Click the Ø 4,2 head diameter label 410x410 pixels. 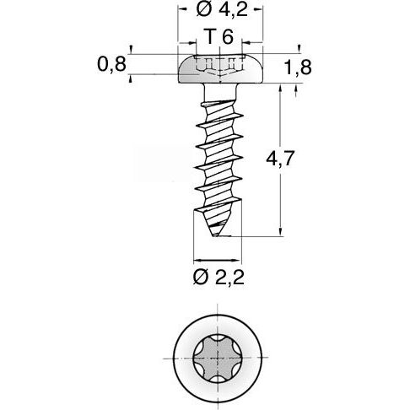[219, 11]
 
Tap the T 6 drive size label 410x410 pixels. [218, 37]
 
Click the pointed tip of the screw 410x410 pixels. [218, 236]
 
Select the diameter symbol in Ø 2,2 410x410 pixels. [200, 278]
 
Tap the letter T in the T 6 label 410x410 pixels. [209, 37]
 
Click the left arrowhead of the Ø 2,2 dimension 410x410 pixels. [197, 259]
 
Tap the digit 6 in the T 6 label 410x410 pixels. [229, 37]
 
